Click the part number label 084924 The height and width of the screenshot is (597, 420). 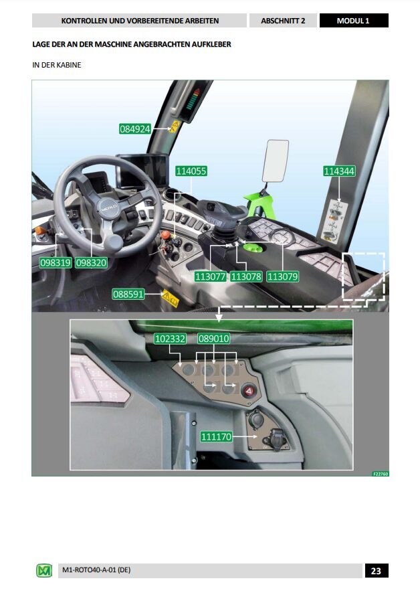[x=135, y=129]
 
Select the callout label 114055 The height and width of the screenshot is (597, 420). [x=191, y=171]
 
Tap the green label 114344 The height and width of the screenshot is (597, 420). [x=339, y=171]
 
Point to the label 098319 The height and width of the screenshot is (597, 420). [x=56, y=263]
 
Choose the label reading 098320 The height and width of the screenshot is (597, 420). [x=91, y=263]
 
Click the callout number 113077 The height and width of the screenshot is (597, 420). [x=211, y=276]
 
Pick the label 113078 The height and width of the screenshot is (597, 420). [x=246, y=276]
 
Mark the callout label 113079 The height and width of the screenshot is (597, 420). [x=282, y=276]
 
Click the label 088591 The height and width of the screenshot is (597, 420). [x=128, y=294]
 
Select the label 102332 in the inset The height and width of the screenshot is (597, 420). [x=170, y=339]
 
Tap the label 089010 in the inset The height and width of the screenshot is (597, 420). [x=214, y=339]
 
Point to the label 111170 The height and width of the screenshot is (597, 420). [x=216, y=437]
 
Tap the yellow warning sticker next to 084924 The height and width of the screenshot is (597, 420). [x=174, y=126]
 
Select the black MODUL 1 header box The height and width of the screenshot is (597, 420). [x=353, y=21]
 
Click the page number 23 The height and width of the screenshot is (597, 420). [x=376, y=570]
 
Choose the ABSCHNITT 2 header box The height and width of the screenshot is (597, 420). [x=283, y=21]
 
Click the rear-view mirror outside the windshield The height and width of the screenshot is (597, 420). [x=275, y=161]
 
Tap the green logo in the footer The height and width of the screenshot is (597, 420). [x=43, y=570]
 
